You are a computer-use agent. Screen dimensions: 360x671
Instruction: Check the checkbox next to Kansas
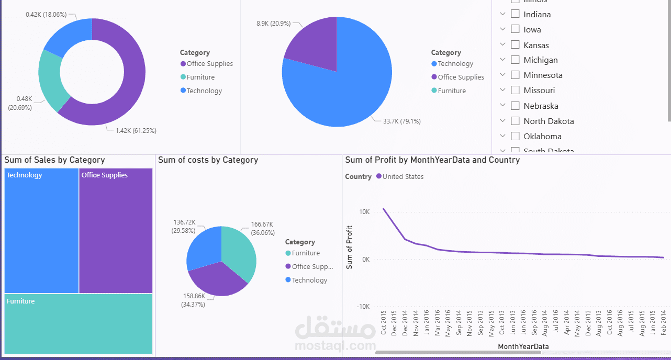coord(515,45)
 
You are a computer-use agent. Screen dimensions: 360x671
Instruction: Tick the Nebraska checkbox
coord(515,106)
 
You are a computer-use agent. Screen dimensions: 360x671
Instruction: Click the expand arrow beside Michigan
coord(502,60)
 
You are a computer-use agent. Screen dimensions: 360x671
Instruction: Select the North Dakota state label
coord(549,121)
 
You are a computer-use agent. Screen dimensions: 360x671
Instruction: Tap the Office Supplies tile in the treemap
coord(116,230)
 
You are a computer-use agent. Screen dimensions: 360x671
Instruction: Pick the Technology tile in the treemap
coord(41,230)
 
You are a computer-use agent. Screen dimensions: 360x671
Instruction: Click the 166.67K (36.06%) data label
coord(263,228)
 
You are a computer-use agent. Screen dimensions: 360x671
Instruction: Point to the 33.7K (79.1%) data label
coord(401,121)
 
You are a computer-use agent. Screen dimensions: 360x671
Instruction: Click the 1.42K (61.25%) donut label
coord(136,130)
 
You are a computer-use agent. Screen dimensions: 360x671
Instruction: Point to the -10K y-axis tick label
coord(363,307)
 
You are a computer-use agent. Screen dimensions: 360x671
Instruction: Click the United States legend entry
coord(402,177)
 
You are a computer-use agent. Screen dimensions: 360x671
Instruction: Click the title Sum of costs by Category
coord(208,160)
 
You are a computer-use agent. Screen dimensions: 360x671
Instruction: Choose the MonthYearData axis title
coord(523,346)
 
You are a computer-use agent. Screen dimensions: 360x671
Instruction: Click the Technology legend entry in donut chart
coord(204,91)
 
